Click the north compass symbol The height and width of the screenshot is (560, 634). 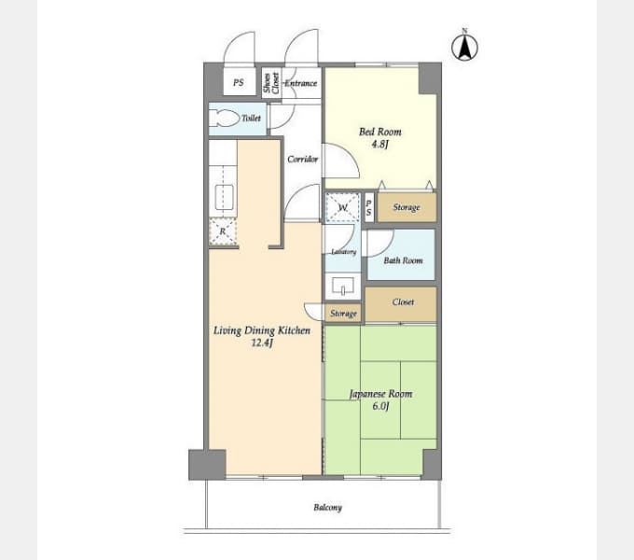tap(464, 46)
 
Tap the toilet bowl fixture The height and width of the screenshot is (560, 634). tap(224, 119)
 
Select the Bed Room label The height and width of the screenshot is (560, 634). tap(380, 132)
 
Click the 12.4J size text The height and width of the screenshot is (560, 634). tap(262, 343)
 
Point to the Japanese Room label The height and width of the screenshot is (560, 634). tap(380, 394)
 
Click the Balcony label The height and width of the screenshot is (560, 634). tap(327, 508)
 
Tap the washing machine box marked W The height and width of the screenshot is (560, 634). tap(342, 207)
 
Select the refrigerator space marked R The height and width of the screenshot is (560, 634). tap(223, 231)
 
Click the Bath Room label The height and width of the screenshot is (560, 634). tap(403, 260)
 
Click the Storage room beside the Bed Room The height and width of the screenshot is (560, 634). tap(407, 207)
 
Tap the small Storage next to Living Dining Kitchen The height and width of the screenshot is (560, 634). tap(343, 313)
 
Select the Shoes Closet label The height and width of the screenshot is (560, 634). tap(271, 83)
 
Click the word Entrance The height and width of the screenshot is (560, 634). tap(301, 83)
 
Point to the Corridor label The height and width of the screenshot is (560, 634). tap(302, 159)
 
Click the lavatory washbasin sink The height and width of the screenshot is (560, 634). tap(343, 286)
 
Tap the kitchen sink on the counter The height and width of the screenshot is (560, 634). tap(224, 197)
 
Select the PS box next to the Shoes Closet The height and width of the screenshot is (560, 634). tap(240, 81)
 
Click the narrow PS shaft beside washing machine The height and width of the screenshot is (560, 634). tap(369, 207)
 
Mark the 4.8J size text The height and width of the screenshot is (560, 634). tap(380, 144)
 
